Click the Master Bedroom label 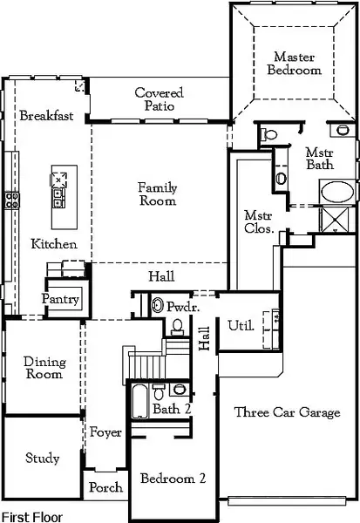[294, 63]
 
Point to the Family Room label [157, 194]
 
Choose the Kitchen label [54, 245]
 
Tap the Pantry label [61, 300]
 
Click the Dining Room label [43, 368]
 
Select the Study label [41, 457]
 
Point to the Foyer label [105, 432]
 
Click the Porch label [106, 488]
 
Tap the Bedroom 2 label [173, 479]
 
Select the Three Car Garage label [287, 412]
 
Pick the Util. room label [241, 326]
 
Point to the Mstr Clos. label [259, 222]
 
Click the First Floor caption [32, 516]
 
